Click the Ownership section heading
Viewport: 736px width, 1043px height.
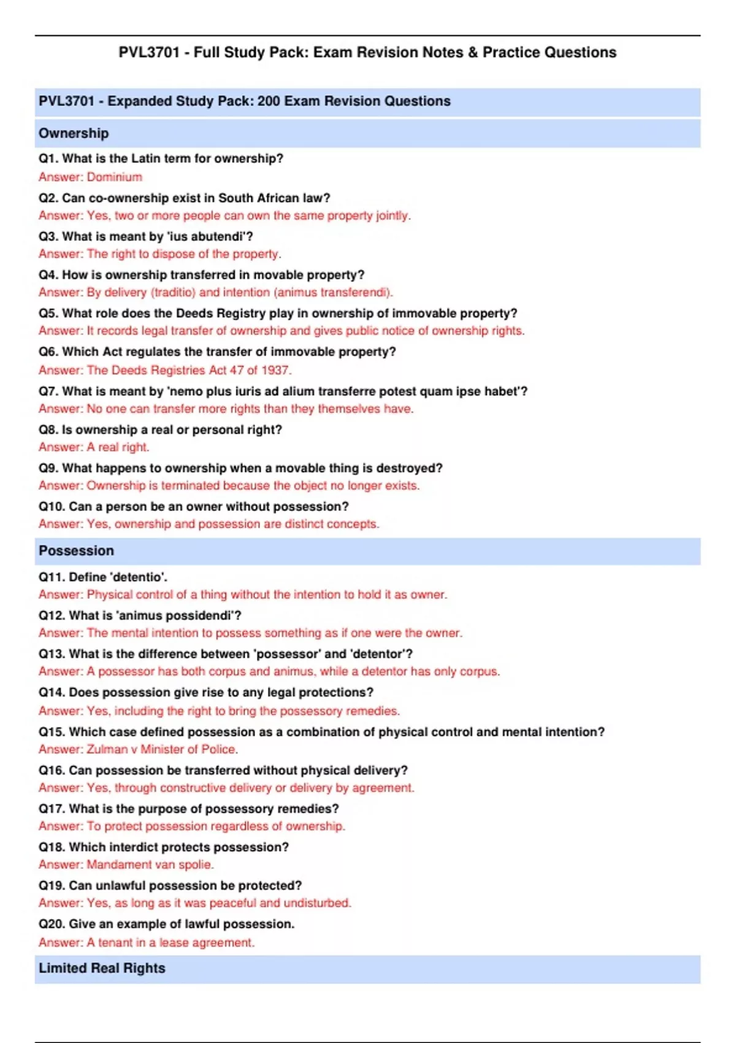pyautogui.click(x=74, y=133)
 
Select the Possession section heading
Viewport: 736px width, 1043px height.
pyautogui.click(x=76, y=550)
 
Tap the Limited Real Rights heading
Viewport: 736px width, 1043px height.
pyautogui.click(x=102, y=968)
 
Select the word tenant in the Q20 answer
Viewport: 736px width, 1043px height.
pyautogui.click(x=116, y=942)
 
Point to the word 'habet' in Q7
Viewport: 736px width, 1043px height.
pyautogui.click(x=504, y=391)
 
